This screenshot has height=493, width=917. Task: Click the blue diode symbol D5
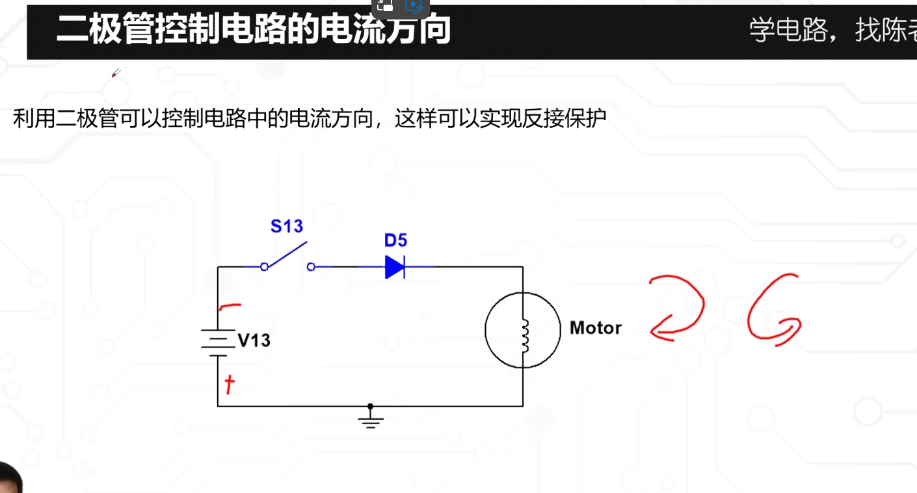click(395, 267)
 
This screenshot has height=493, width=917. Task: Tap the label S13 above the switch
click(287, 227)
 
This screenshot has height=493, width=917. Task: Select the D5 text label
click(395, 241)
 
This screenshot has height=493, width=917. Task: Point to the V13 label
click(254, 340)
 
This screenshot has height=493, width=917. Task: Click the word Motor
click(595, 328)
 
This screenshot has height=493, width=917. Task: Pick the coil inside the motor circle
click(524, 334)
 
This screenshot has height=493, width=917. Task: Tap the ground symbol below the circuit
click(371, 420)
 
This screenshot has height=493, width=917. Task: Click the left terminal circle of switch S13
click(264, 266)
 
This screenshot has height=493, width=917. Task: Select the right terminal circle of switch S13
click(311, 266)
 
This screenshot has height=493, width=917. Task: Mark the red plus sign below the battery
click(228, 385)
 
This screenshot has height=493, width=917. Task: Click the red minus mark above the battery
click(230, 306)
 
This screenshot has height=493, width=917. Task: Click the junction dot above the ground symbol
click(371, 406)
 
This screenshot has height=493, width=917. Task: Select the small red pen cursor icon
click(116, 73)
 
